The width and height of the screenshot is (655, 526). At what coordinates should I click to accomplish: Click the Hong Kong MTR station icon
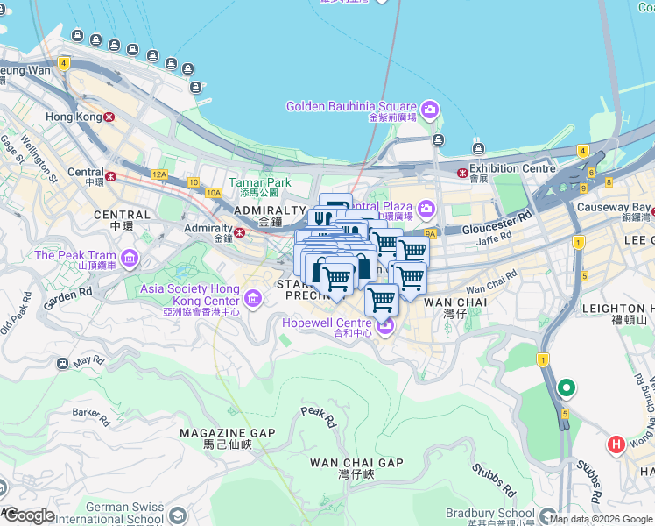pyautogui.click(x=109, y=117)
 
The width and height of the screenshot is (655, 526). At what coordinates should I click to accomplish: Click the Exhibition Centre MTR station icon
pyautogui.click(x=461, y=169)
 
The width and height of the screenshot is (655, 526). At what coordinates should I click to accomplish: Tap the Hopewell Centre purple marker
pyautogui.click(x=386, y=327)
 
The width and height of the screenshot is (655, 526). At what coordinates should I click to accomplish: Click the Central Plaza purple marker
pyautogui.click(x=426, y=209)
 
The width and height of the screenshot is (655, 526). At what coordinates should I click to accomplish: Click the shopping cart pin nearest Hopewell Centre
pyautogui.click(x=381, y=300)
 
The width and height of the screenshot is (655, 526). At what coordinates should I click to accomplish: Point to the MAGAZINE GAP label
pyautogui.click(x=227, y=433)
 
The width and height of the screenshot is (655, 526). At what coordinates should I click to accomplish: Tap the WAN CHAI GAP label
pyautogui.click(x=356, y=462)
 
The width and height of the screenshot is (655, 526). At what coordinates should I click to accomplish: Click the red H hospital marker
pyautogui.click(x=616, y=444)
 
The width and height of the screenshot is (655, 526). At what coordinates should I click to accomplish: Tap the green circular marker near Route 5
pyautogui.click(x=567, y=387)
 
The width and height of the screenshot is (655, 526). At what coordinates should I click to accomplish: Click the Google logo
pyautogui.click(x=29, y=515)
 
